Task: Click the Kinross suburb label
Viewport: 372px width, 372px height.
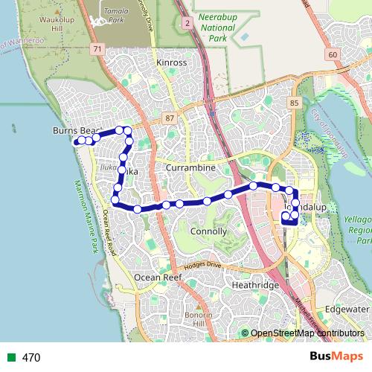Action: (172, 63)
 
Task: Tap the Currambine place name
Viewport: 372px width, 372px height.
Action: (191, 168)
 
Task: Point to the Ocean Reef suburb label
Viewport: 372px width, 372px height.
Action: (158, 277)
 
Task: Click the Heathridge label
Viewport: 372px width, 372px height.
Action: (255, 285)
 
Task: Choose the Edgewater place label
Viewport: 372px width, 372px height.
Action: (347, 309)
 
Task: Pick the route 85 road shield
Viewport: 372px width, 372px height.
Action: (295, 102)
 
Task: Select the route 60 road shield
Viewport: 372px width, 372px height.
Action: (332, 54)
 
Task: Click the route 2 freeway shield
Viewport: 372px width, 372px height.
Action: (189, 24)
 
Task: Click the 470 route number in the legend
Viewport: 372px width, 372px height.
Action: (31, 358)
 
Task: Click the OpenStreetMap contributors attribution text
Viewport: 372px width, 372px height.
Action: (307, 333)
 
